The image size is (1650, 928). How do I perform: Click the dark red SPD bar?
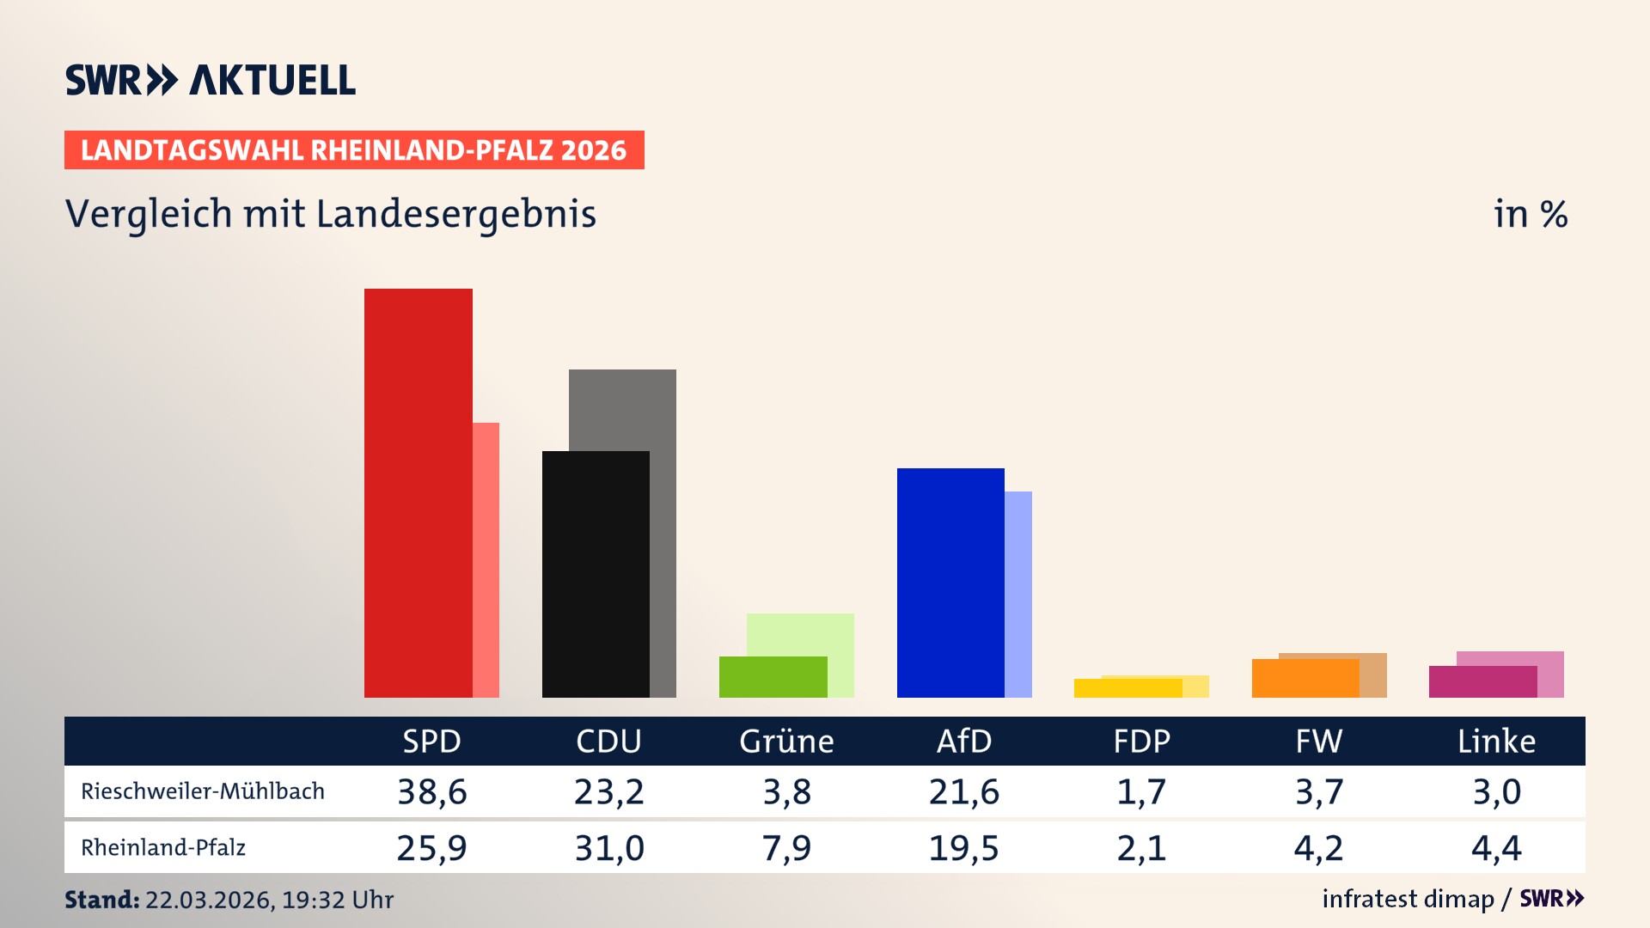point(418,493)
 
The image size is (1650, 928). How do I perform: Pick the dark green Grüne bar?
point(773,677)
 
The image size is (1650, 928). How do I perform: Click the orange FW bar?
point(1305,678)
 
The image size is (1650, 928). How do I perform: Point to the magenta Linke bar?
point(1482,681)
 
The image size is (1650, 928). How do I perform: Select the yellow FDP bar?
point(1127,688)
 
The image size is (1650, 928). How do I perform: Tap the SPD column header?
point(431,741)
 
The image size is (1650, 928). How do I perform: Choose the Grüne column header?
point(786,741)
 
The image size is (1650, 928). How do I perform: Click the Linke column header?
point(1496,741)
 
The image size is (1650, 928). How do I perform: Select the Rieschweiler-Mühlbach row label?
point(203,791)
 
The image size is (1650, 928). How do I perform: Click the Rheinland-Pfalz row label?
point(163,848)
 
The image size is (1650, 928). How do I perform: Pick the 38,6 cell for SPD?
point(431,791)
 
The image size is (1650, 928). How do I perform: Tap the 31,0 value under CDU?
point(609,848)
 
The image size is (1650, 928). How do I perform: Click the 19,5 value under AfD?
point(963,848)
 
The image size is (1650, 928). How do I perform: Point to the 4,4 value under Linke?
point(1496,848)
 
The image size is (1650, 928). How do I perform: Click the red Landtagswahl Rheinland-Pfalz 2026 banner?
point(354,150)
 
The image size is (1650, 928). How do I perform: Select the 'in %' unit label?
point(1530,214)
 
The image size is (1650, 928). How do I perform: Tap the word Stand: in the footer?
point(101,900)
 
